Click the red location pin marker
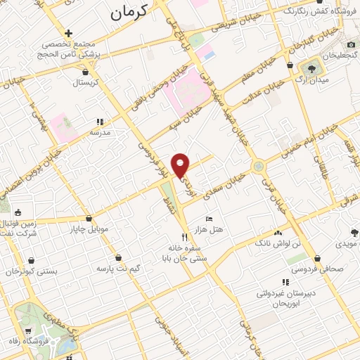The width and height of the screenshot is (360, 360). coord(181,165)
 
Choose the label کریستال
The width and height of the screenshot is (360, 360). coord(86,82)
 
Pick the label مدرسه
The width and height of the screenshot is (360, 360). coord(99,131)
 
